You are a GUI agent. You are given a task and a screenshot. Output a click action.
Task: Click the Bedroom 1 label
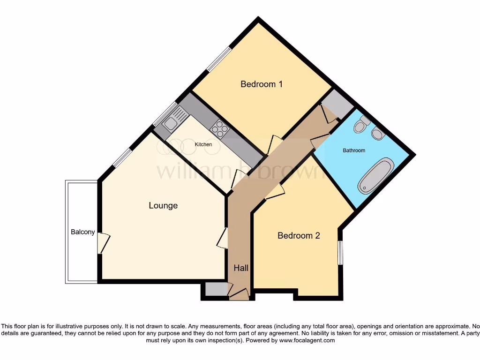pos(261,84)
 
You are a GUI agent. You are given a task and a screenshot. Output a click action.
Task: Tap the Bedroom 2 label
pos(299,235)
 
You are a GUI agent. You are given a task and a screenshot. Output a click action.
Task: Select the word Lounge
pos(163,205)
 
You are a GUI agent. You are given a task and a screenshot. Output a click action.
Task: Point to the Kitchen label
pos(203,144)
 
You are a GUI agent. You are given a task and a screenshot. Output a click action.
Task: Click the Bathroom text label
pos(354,150)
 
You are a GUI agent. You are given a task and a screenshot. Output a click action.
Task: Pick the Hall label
pos(241,268)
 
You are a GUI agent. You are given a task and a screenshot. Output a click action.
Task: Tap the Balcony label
pos(83,232)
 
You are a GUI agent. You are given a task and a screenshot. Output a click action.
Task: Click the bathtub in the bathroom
pos(376,176)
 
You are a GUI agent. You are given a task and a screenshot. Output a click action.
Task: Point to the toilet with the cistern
pos(361,125)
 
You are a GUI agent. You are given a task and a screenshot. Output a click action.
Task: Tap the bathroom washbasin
pos(378,134)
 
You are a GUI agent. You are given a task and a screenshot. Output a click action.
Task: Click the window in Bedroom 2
pos(340,253)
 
